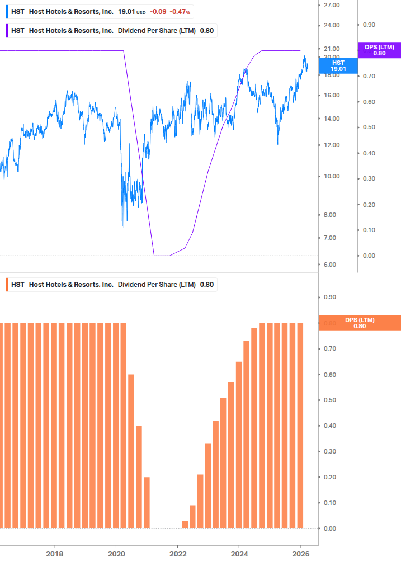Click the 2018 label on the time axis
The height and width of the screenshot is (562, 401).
coord(54,554)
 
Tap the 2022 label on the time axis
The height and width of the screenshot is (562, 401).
coord(177,554)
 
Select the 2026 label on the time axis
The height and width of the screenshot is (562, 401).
coord(300,554)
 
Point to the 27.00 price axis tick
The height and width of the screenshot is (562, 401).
coord(332,5)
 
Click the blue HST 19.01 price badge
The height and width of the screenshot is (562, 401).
coord(338,66)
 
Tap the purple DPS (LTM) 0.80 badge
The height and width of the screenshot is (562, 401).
coord(379,50)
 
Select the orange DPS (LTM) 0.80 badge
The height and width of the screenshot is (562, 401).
coord(360,323)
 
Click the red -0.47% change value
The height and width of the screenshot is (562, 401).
coord(180,11)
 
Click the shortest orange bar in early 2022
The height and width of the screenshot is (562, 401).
coord(185,524)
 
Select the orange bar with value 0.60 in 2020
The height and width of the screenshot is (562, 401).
coord(131,451)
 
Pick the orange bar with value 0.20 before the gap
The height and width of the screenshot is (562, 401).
coord(147,502)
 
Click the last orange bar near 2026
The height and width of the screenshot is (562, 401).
coord(300,425)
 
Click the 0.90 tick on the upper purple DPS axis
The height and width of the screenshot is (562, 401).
coord(369,25)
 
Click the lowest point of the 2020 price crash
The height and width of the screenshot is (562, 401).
coord(123,226)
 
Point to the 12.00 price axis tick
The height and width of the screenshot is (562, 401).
coord(332,145)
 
